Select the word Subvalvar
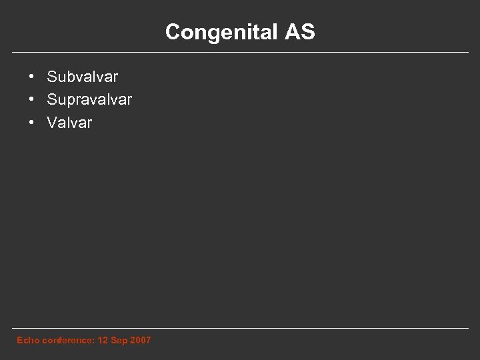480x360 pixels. click(83, 77)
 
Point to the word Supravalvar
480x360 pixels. click(89, 100)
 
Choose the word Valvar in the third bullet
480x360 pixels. click(69, 123)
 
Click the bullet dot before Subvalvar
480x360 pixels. click(32, 77)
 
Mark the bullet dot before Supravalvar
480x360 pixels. click(32, 99)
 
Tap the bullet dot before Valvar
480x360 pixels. click(32, 122)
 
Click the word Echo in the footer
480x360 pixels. click(27, 341)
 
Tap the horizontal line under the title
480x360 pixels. click(240, 52)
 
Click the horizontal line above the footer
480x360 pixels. click(240, 328)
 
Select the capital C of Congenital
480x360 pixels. click(172, 31)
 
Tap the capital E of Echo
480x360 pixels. click(19, 341)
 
